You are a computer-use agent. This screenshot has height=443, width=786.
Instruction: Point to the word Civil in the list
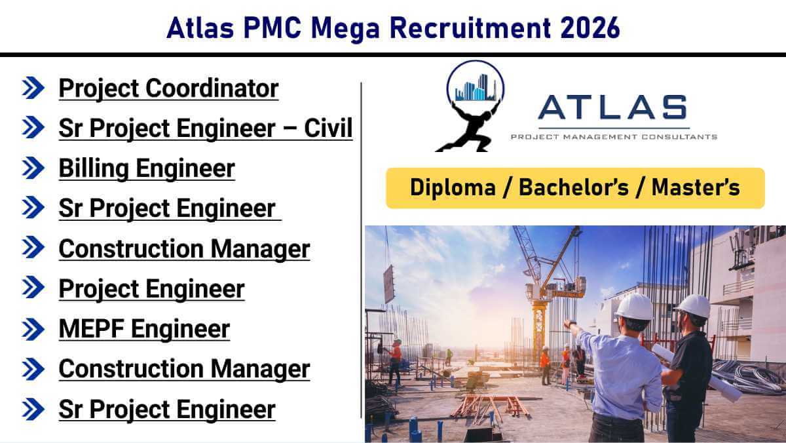coord(328,128)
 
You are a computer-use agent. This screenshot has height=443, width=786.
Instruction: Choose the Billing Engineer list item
coord(147,168)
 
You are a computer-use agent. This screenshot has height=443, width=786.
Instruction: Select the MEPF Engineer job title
coord(144,329)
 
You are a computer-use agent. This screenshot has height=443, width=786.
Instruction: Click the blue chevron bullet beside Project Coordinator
coord(33,88)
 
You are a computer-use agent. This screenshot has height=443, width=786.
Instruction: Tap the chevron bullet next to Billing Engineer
coord(33,168)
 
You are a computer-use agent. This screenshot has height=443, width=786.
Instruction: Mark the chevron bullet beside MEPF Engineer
coord(33,329)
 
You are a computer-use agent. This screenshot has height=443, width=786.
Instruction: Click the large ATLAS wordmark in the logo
coord(613,108)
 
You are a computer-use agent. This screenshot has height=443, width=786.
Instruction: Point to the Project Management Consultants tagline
coord(613,137)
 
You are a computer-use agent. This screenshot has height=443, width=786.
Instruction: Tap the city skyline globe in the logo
coord(475,86)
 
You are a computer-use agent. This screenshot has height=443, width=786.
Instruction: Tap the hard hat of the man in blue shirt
coord(634,306)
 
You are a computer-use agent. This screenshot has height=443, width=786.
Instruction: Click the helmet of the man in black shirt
coord(693,305)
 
